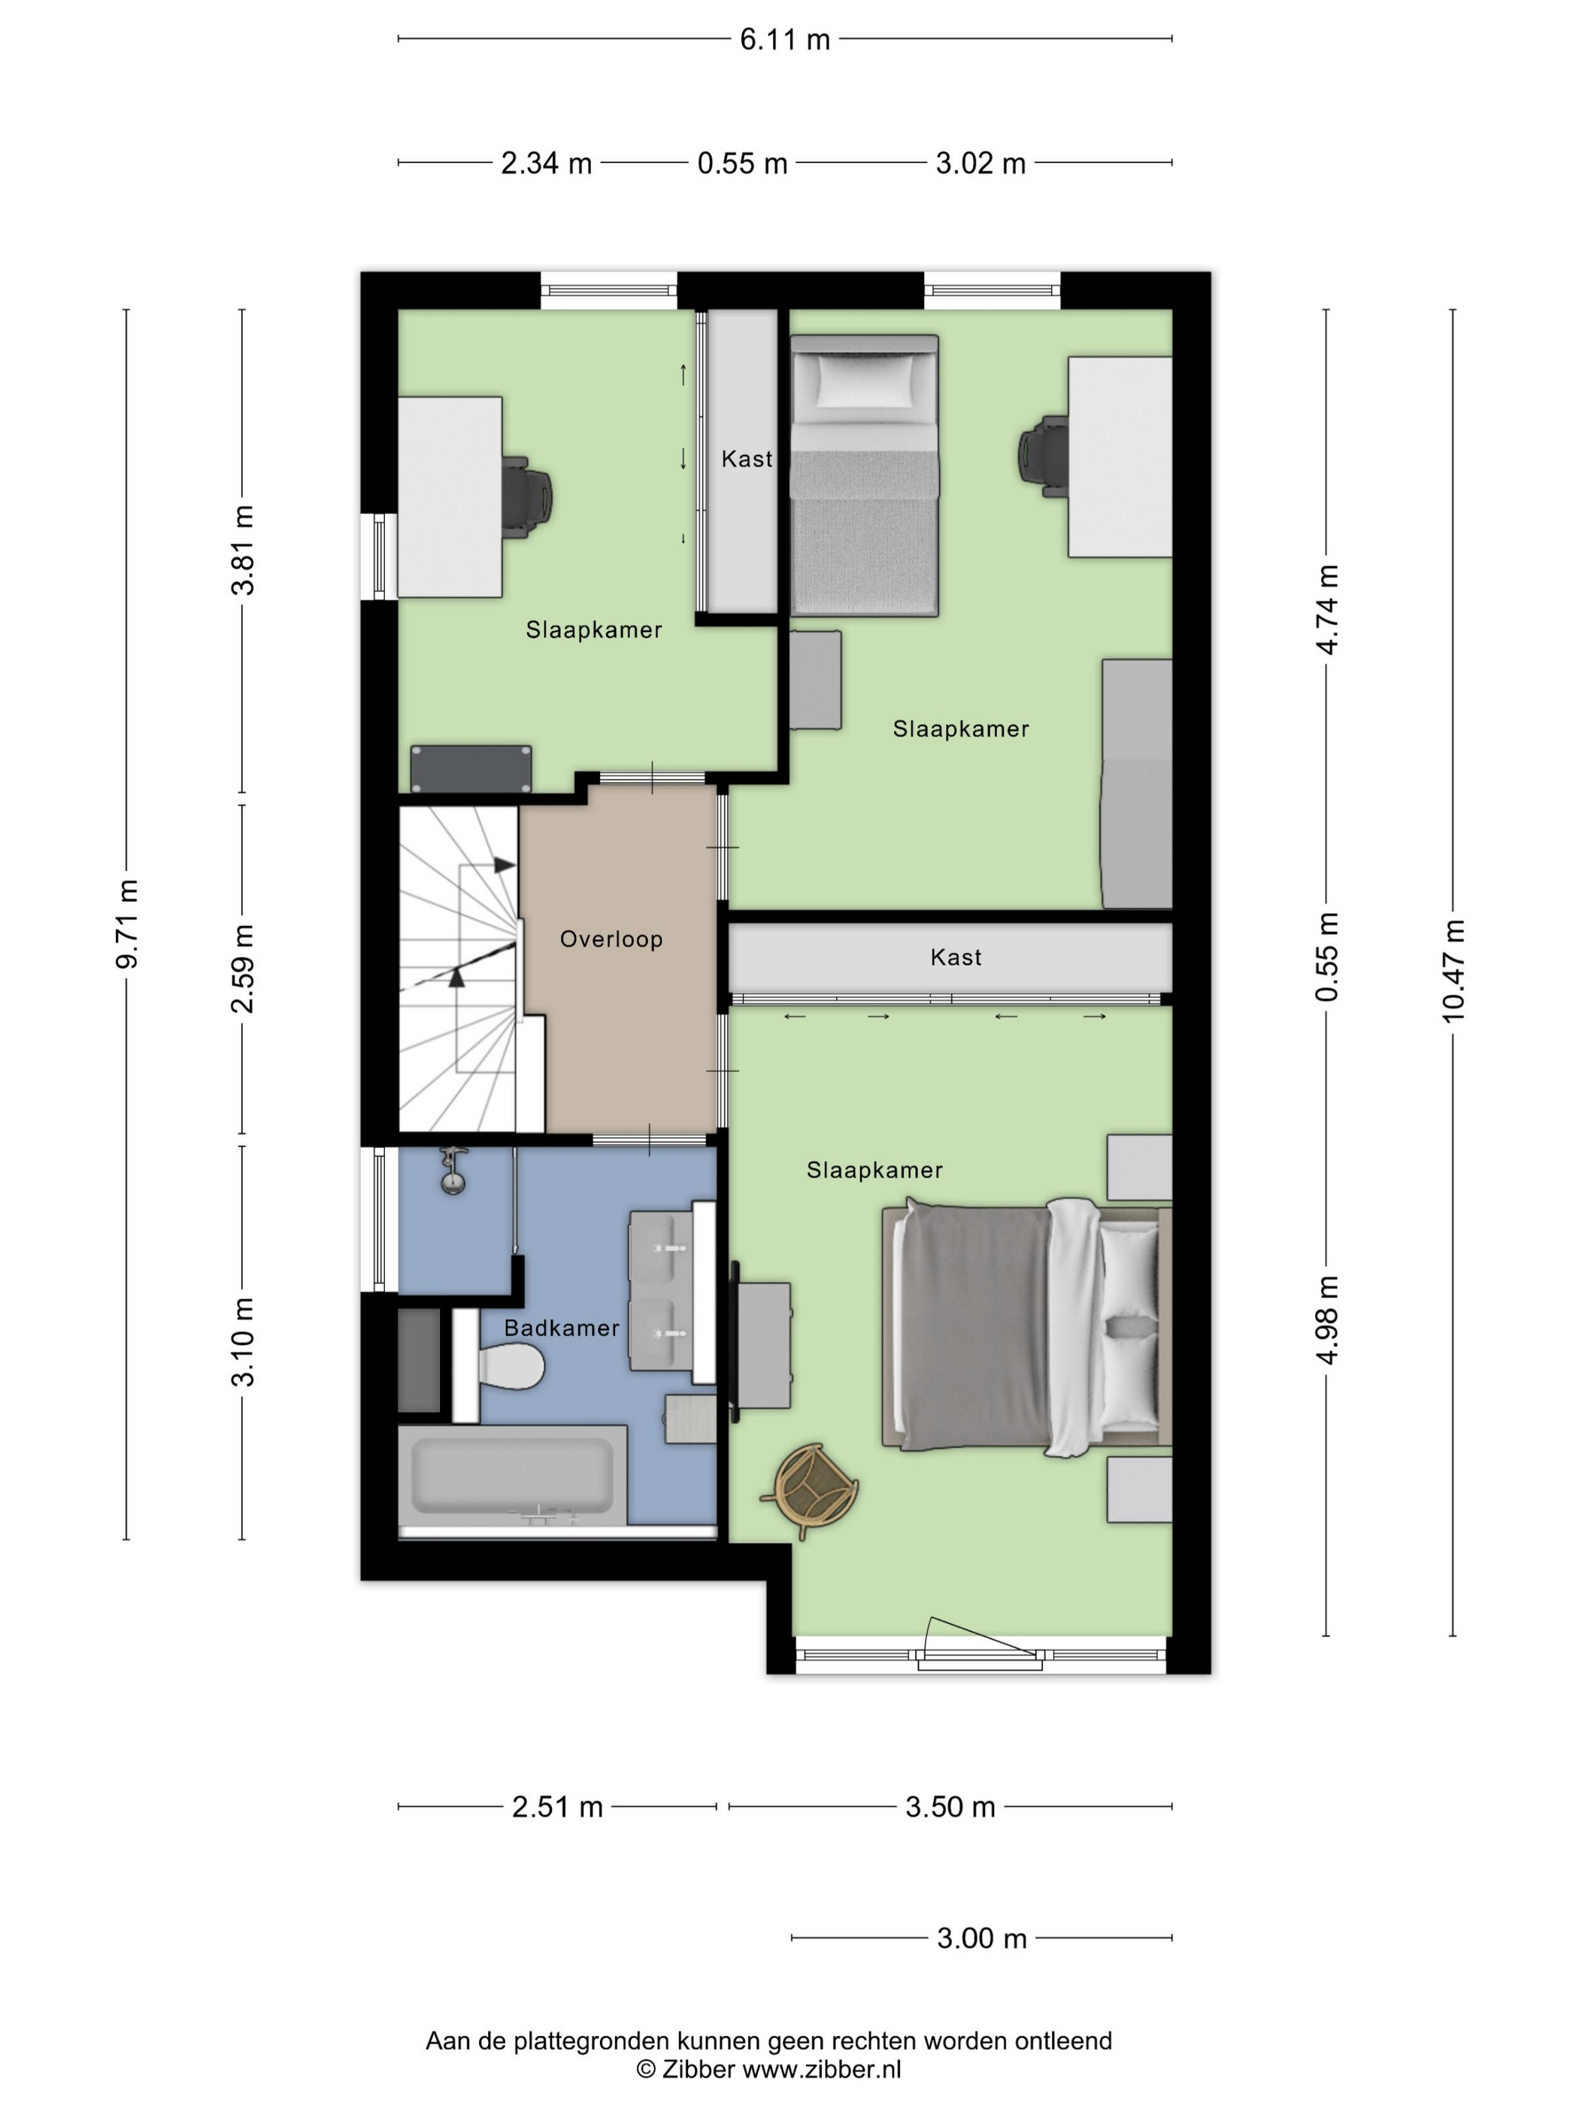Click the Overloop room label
(611, 939)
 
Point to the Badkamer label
(562, 1328)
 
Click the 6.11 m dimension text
(785, 40)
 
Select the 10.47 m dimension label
(1453, 971)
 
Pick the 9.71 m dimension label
(126, 924)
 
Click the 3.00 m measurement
(982, 1938)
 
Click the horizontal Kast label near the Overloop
(956, 957)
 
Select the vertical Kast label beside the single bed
(747, 459)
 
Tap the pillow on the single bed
(864, 379)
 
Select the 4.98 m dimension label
(1328, 1319)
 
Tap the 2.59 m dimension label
(244, 968)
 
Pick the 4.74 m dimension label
(1328, 609)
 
